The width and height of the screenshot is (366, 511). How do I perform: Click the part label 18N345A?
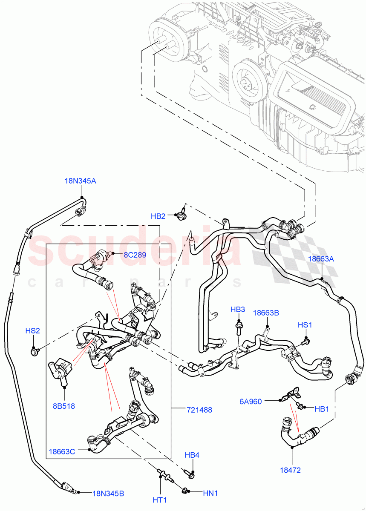(x=80, y=181)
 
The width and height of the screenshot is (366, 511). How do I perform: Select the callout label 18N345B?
(x=108, y=494)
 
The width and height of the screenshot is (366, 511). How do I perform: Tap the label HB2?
(x=158, y=216)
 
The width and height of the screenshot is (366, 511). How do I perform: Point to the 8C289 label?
(x=135, y=255)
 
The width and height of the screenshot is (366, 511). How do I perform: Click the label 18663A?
(x=321, y=258)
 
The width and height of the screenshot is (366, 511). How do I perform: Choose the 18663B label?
(x=266, y=313)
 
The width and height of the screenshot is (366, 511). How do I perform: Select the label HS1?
(x=305, y=325)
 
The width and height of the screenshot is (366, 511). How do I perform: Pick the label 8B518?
(x=64, y=406)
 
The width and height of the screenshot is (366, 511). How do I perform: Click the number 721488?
(x=199, y=410)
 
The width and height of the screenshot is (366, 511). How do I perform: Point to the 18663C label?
(x=62, y=451)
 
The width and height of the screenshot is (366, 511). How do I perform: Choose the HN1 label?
(x=210, y=494)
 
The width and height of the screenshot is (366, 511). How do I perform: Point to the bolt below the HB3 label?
(x=238, y=327)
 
